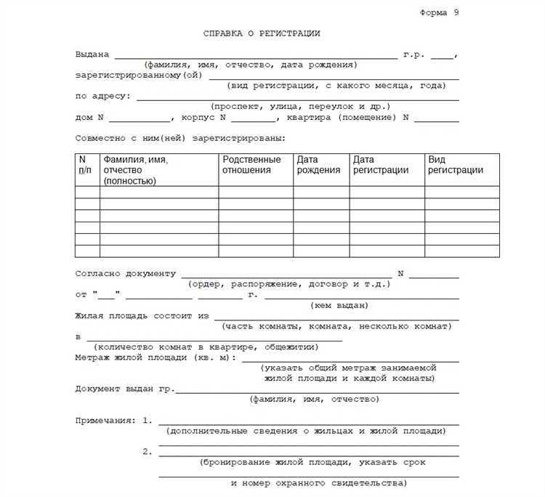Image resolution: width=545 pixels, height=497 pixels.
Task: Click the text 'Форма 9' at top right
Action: tap(440, 13)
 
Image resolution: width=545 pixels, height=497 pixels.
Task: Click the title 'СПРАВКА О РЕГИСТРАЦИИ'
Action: tap(262, 33)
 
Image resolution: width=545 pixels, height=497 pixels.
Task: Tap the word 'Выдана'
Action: tap(92, 54)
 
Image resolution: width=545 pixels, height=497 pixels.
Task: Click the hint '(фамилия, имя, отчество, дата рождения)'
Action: tap(251, 65)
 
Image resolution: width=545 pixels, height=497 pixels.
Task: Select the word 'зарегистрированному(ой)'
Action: tap(138, 76)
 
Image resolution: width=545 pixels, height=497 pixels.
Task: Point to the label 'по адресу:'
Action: tap(102, 96)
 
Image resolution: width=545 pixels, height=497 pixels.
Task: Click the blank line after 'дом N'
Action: tap(140, 118)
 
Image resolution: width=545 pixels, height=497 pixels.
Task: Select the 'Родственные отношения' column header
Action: tap(251, 165)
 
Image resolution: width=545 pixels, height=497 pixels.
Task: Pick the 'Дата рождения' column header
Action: tap(318, 165)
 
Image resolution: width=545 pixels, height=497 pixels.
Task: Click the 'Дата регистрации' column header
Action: tap(381, 165)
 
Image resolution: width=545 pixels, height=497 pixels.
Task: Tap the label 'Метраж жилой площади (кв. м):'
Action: tap(156, 357)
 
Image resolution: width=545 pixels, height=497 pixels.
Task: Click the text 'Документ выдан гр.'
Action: tap(125, 389)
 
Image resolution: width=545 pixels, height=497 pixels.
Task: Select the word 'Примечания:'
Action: tap(105, 421)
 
